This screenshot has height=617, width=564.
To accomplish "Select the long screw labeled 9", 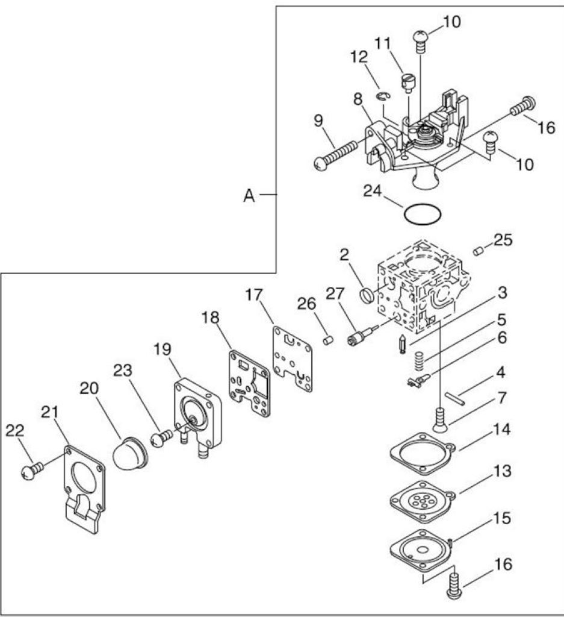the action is [336, 155].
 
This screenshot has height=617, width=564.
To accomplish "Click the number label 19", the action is [163, 349].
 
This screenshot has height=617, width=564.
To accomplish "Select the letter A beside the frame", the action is [249, 196].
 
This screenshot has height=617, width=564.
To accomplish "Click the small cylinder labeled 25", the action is [477, 251].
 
